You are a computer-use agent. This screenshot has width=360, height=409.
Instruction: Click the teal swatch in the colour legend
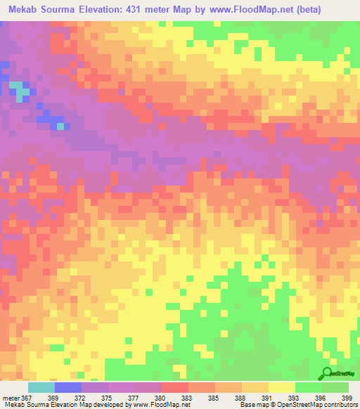(x=41, y=387)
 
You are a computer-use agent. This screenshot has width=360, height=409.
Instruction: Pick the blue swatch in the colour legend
(x=68, y=387)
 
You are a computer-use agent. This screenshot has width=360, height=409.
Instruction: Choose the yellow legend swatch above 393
(x=282, y=387)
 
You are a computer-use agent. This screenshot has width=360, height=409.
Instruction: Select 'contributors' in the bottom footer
(x=339, y=405)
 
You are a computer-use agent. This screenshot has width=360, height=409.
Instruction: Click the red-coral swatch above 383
(x=175, y=387)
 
